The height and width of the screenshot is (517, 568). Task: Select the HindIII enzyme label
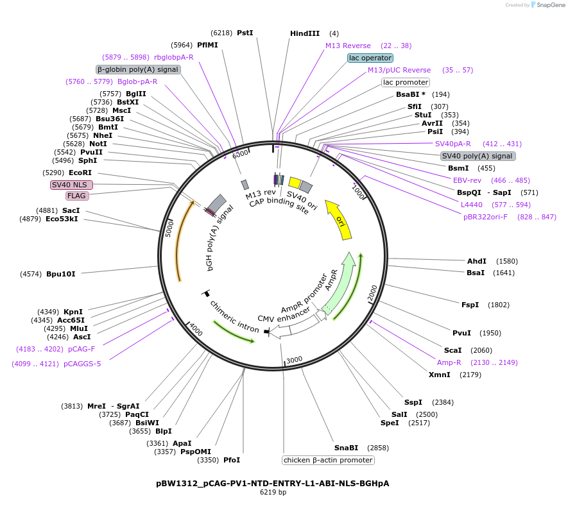click(x=305, y=33)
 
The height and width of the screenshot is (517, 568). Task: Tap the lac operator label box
click(x=370, y=58)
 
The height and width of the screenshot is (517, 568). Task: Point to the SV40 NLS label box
click(x=72, y=185)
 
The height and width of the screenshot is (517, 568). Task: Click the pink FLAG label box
click(x=77, y=196)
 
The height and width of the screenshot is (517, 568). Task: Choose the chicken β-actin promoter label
click(x=328, y=460)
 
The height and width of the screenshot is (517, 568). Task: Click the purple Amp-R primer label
click(x=449, y=362)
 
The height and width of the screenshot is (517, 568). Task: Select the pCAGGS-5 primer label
click(x=82, y=364)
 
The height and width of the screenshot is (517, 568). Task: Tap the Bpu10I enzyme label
click(x=60, y=274)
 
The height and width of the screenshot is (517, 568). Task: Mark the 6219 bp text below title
click(x=273, y=493)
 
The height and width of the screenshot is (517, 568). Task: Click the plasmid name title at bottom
click(x=273, y=483)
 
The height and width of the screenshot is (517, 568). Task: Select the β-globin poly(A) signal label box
click(x=138, y=69)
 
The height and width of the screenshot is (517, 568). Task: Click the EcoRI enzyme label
click(x=80, y=173)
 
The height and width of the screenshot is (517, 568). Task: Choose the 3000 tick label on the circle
click(x=294, y=360)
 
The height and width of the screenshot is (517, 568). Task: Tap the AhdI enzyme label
click(x=477, y=261)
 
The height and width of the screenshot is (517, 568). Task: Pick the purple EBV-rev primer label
click(x=467, y=180)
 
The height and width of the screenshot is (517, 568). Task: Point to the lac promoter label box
click(x=406, y=82)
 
